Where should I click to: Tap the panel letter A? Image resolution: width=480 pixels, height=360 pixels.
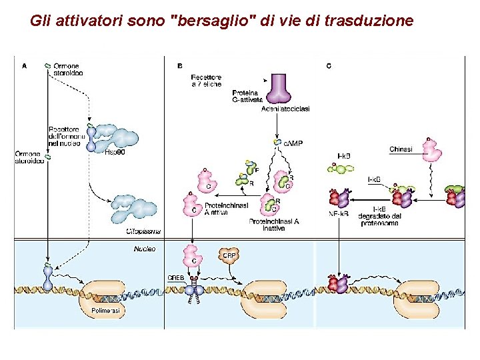25,66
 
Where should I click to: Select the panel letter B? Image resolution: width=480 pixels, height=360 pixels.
180,66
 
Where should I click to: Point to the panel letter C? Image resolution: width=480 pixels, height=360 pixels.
329,66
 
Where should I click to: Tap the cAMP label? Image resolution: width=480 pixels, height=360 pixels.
293,143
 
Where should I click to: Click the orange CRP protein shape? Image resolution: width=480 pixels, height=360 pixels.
229,257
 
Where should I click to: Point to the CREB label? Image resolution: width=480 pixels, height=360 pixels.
176,278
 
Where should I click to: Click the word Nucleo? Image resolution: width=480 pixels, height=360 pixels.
144,248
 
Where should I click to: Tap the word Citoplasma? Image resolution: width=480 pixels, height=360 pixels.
143,231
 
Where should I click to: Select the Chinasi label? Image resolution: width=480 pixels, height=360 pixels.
401,149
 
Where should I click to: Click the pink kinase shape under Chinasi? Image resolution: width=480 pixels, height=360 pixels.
432,151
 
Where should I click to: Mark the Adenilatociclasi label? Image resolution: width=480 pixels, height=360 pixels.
286,109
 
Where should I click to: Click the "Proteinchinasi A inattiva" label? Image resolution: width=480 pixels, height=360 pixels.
273,225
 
